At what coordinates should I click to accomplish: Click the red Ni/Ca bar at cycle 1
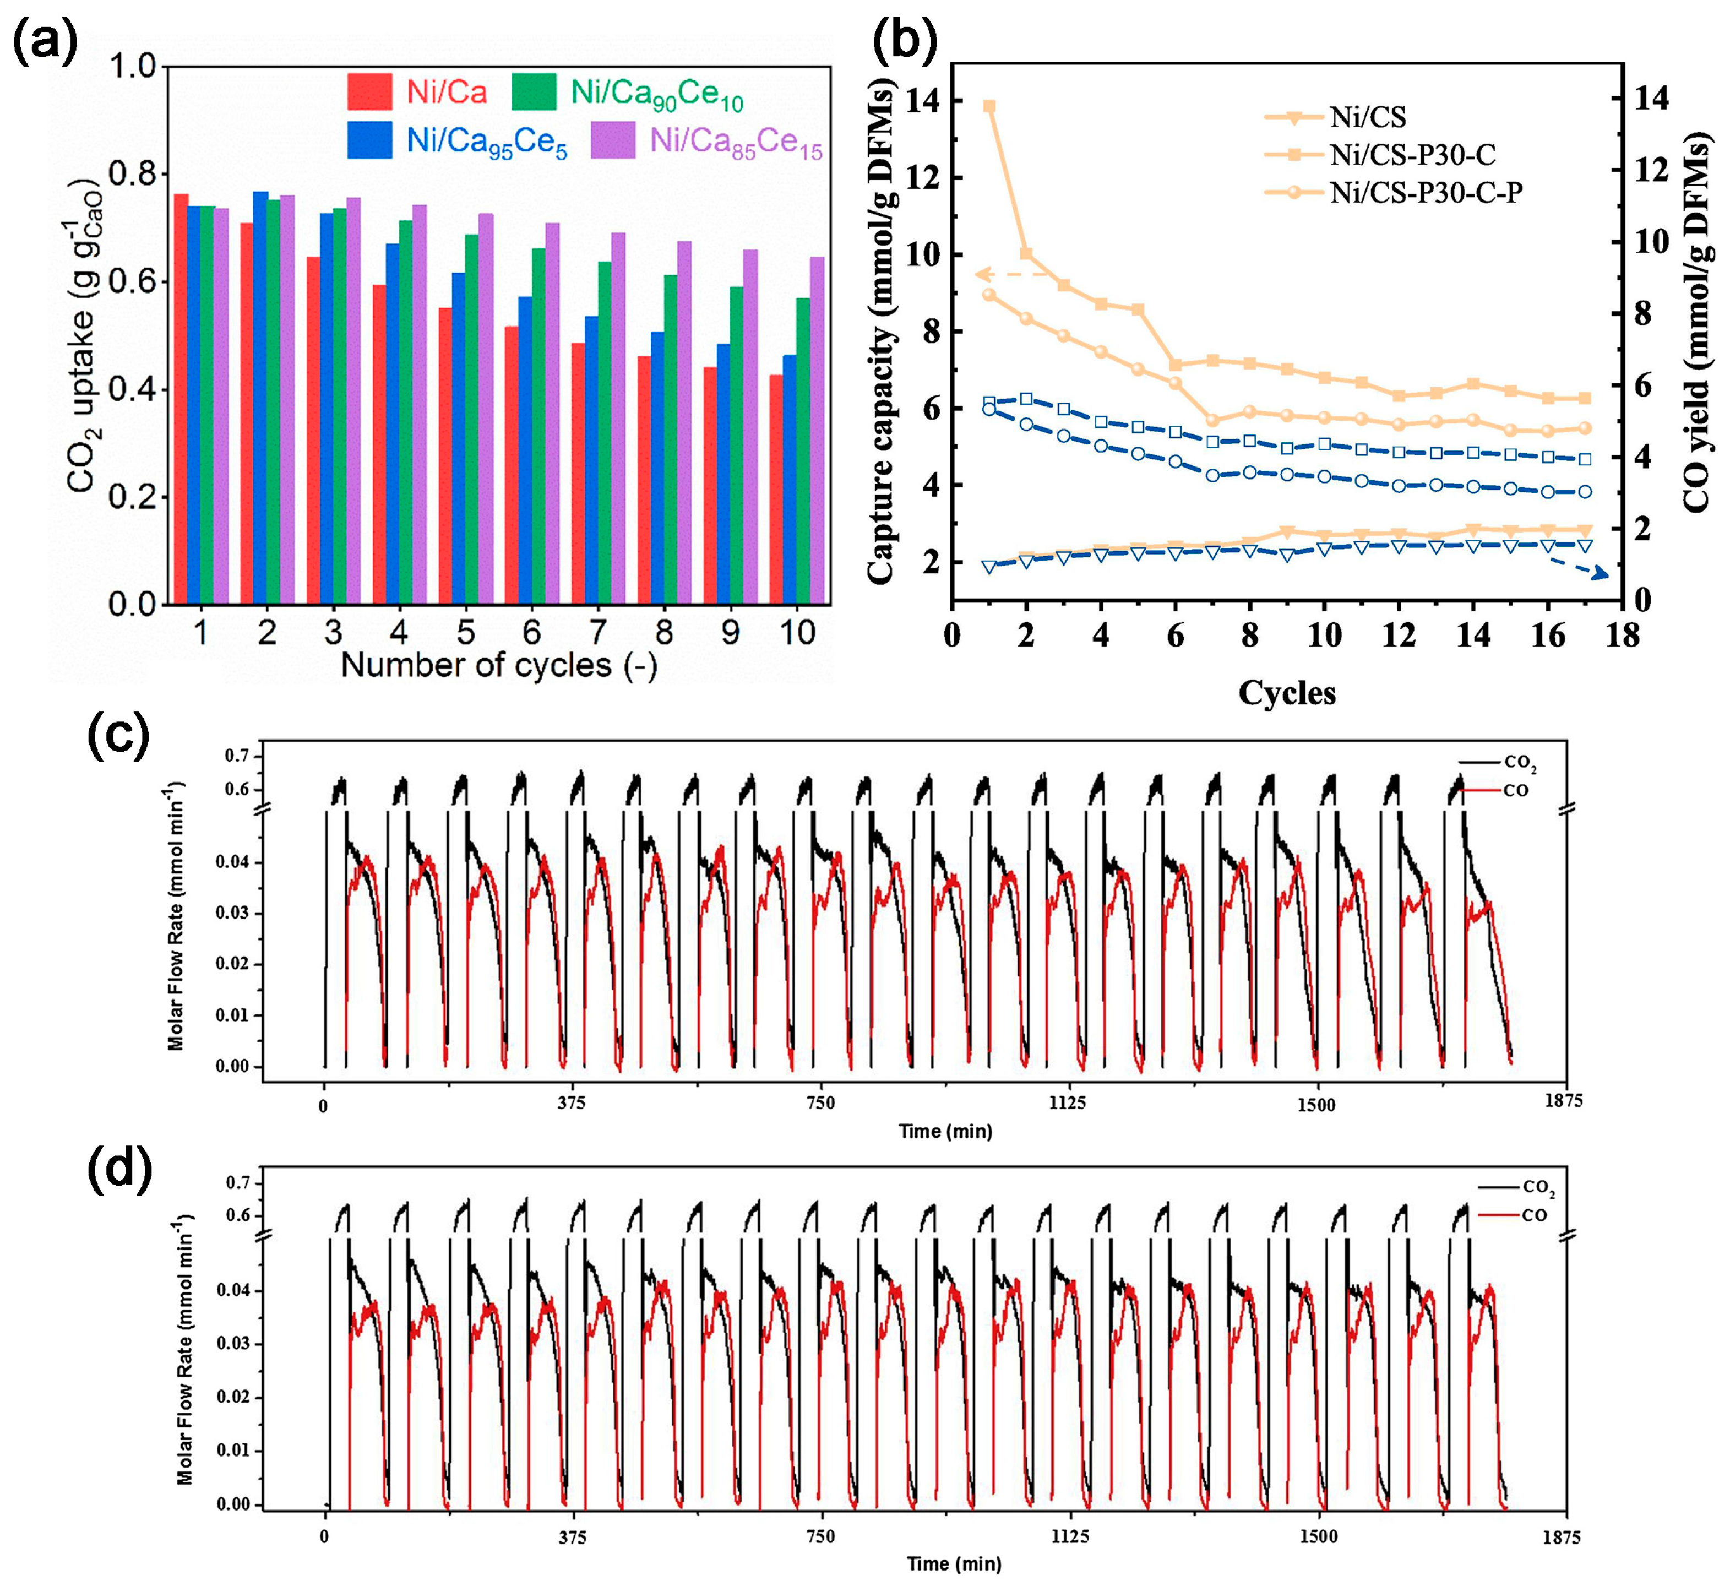pyautogui.click(x=181, y=399)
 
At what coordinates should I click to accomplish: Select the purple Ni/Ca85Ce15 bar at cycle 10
pyautogui.click(x=817, y=429)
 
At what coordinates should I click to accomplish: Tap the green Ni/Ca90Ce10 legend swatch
pyautogui.click(x=534, y=92)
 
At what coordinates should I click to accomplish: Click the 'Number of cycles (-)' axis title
pyautogui.click(x=499, y=665)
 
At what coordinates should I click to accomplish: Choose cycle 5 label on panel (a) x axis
pyautogui.click(x=465, y=633)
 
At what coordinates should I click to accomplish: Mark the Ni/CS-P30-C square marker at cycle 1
pyautogui.click(x=989, y=106)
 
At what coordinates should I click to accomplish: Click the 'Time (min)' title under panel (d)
pyautogui.click(x=954, y=1563)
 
